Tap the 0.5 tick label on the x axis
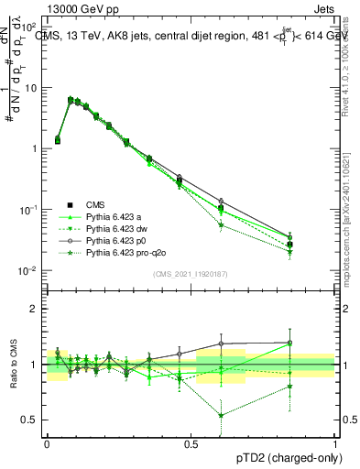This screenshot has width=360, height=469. [191, 442]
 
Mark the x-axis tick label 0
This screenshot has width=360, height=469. [47, 442]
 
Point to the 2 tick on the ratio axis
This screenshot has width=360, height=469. [35, 309]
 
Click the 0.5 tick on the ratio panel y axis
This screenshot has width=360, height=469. [30, 420]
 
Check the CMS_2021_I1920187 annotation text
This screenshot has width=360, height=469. [191, 274]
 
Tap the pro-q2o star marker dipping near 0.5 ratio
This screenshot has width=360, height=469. [221, 415]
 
